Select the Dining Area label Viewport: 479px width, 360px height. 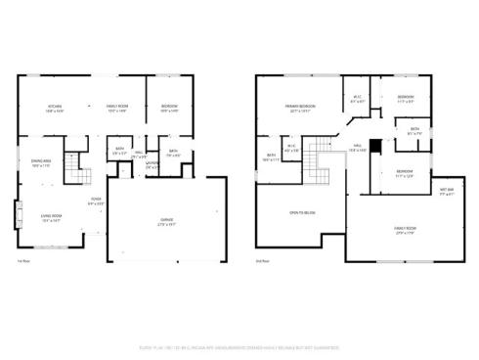[41, 163]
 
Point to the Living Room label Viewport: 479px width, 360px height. [51, 219]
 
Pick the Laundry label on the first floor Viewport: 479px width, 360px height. [152, 165]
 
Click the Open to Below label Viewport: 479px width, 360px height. [301, 211]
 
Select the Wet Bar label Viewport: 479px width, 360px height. [446, 191]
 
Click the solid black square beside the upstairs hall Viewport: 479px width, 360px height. [375, 144]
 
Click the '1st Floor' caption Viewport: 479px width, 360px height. [23, 262]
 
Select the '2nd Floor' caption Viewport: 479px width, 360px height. [262, 262]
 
